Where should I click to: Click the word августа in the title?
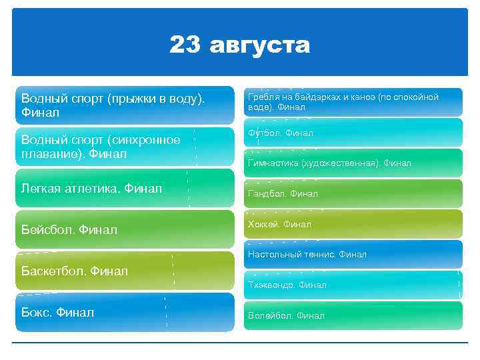coord(260,46)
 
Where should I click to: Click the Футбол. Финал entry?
coord(353,133)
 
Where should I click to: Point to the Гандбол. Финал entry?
coord(353,193)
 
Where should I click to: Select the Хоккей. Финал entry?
coord(353,225)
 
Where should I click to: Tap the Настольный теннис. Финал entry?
coord(353,254)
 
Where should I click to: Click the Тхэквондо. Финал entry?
coord(353,285)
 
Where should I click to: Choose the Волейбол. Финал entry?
coord(353,315)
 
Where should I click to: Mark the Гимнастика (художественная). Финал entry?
coord(353,163)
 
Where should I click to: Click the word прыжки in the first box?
coord(123,99)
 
